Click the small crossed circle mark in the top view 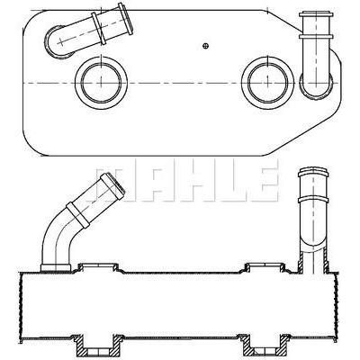click(x=205, y=46)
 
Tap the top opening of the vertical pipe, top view click(x=316, y=13)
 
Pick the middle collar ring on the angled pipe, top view click(x=99, y=29)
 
